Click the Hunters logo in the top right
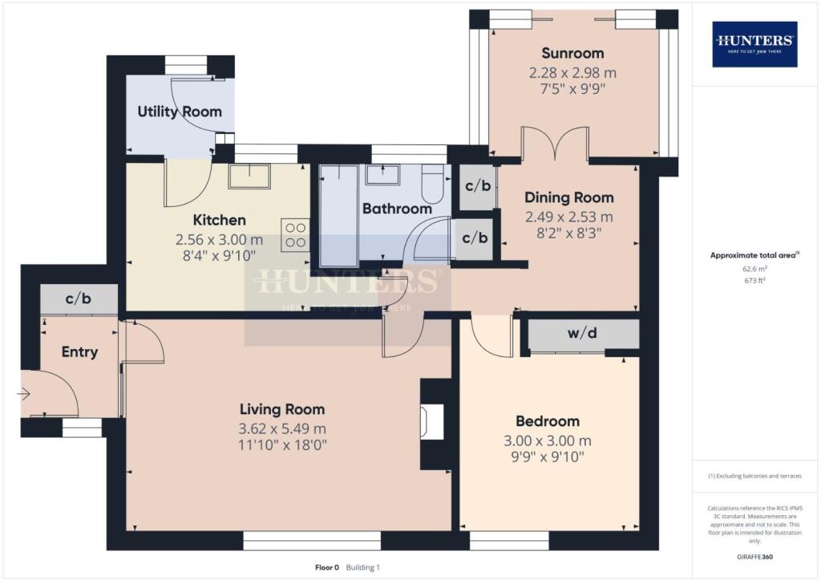pos(754,44)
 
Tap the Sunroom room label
pos(572,54)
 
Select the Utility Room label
pos(180,112)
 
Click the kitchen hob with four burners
pos(294,234)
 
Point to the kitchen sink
pos(249,176)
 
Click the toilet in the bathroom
pos(432,184)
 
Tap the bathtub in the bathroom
pos(338,215)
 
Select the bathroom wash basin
pos(383,175)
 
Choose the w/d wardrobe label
pos(583,334)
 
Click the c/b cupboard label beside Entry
pos(79,299)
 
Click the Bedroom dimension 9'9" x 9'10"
pos(547,457)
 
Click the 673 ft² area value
pos(754,281)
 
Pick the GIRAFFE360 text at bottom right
pos(754,556)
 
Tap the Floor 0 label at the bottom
pos(326,567)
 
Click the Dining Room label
pos(569,197)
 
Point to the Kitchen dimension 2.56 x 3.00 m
pos(219,239)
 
